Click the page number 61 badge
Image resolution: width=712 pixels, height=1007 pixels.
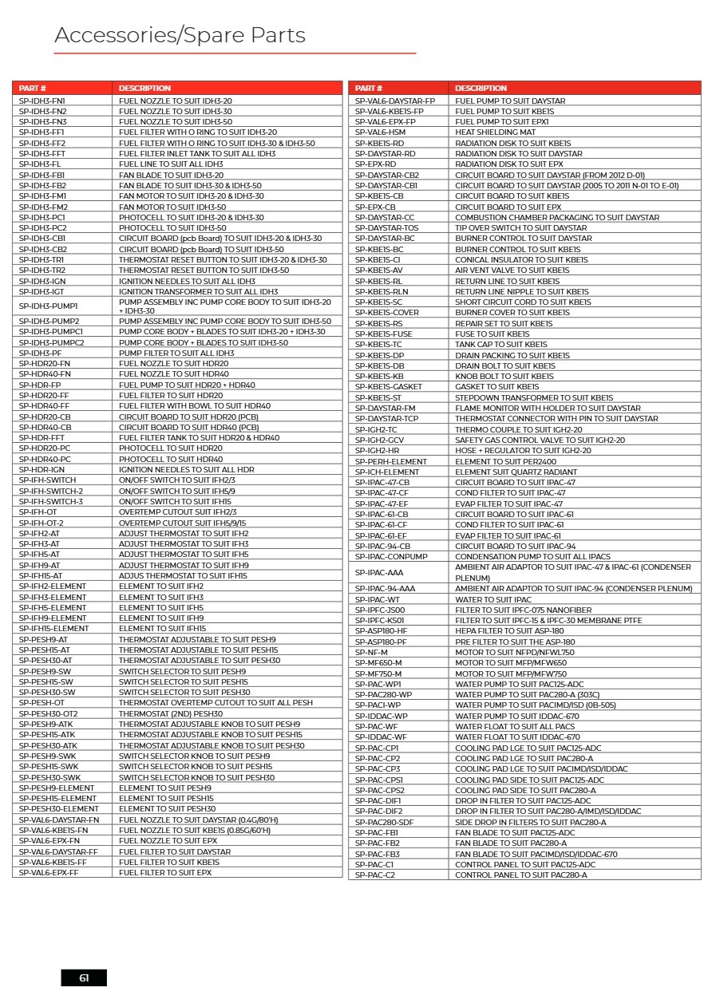pos(84,977)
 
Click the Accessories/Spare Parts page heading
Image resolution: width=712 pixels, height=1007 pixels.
pos(180,36)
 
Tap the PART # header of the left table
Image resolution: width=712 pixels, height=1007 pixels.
pos(33,88)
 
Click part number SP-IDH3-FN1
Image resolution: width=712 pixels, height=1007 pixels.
pos(42,101)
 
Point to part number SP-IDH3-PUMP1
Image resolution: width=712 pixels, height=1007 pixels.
pos(49,306)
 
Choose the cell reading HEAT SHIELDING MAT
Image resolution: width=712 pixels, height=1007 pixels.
pos(495,132)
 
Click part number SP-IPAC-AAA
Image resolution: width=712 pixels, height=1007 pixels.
pos(379,572)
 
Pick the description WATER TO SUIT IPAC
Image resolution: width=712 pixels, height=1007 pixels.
pos(492,599)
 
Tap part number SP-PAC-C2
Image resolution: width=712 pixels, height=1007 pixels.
pos(375,875)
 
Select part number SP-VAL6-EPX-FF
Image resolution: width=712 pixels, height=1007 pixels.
pos(49,873)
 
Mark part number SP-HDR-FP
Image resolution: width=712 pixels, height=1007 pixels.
pos(40,385)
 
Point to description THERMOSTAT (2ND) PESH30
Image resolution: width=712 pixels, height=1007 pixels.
pos(171,713)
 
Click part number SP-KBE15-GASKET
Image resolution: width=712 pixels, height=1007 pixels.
pos(389,387)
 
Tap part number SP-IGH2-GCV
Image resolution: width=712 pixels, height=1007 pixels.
pos(379,440)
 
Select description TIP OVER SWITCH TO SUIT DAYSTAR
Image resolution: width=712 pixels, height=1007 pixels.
pos(520,227)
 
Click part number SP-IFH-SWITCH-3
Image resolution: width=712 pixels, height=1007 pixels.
pos(51,501)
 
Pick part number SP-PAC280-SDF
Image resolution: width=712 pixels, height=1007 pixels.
pos(385,822)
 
